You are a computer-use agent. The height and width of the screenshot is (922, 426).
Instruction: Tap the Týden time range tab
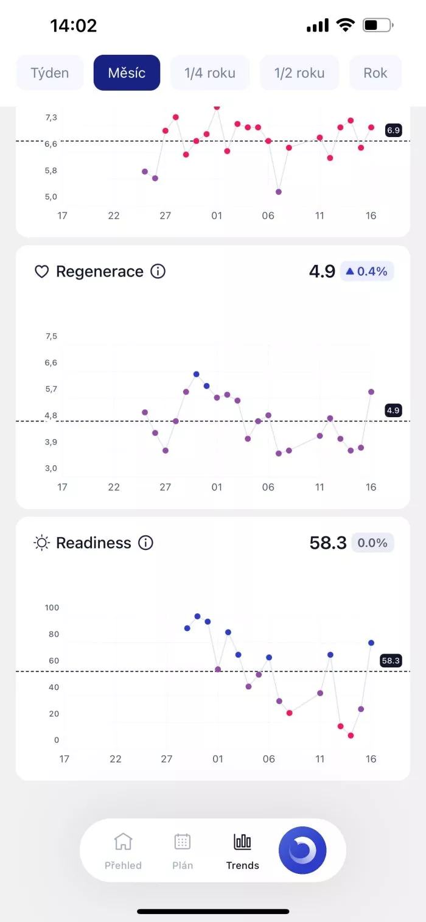pos(50,73)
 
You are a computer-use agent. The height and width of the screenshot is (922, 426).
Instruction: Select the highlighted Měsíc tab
pos(127,73)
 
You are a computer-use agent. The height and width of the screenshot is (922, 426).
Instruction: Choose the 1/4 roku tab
pos(210,73)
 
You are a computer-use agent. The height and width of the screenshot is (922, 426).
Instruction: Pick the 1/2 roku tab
pos(299,73)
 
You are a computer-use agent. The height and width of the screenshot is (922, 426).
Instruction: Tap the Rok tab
pos(375,73)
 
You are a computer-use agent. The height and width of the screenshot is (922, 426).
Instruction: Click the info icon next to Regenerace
pos(158,272)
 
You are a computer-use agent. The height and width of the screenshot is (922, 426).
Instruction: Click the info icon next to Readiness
pos(145,543)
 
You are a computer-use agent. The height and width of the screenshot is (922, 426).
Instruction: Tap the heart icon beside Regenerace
pos(41,272)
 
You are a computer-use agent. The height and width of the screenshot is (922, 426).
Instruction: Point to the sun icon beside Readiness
pos(41,543)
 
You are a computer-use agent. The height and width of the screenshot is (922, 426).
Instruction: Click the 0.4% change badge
pos(367,272)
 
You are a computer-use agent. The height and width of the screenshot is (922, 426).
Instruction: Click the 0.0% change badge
pos(372,543)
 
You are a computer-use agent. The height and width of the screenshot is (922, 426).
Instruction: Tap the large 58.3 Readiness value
pos(327,543)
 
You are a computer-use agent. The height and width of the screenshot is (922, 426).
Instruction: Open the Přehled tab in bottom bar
pos(123,851)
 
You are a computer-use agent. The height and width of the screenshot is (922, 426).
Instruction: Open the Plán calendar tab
pos(183,851)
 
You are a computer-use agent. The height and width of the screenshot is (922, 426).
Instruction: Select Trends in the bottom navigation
pos(242,851)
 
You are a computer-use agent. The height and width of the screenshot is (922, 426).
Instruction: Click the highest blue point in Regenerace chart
pos(196,374)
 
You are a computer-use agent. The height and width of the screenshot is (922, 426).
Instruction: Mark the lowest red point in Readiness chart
pos(351,736)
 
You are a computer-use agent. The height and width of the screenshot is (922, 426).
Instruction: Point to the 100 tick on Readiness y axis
pos(52,607)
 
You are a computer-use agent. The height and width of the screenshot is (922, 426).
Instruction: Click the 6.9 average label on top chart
pos(393,130)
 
